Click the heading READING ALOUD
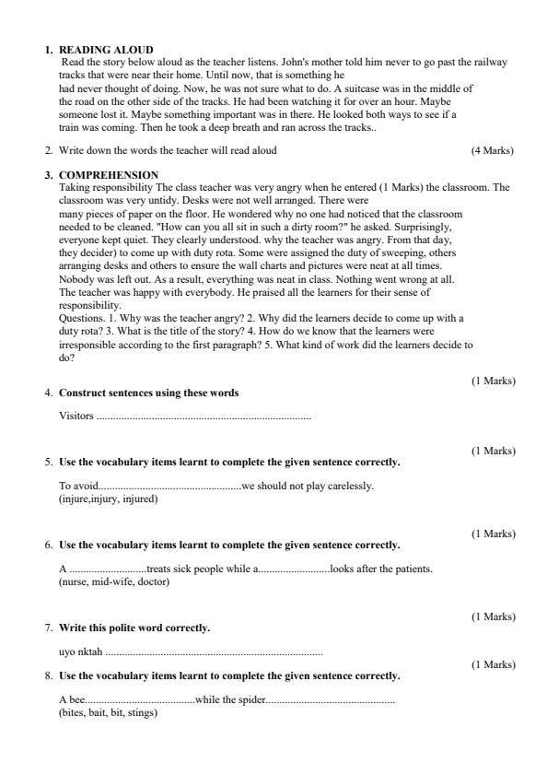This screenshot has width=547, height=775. coord(106,50)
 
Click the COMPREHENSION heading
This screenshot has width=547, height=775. coord(109,175)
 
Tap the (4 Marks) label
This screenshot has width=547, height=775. coord(492,150)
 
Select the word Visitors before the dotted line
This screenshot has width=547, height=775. coord(76,417)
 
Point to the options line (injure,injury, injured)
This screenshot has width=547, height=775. coord(108,499)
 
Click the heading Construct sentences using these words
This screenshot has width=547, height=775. coord(148,393)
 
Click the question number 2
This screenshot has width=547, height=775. coord(49,150)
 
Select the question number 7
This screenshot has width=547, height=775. coord(49,628)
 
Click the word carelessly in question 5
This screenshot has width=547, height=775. coord(351,487)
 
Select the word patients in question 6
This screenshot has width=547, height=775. coord(410,570)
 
